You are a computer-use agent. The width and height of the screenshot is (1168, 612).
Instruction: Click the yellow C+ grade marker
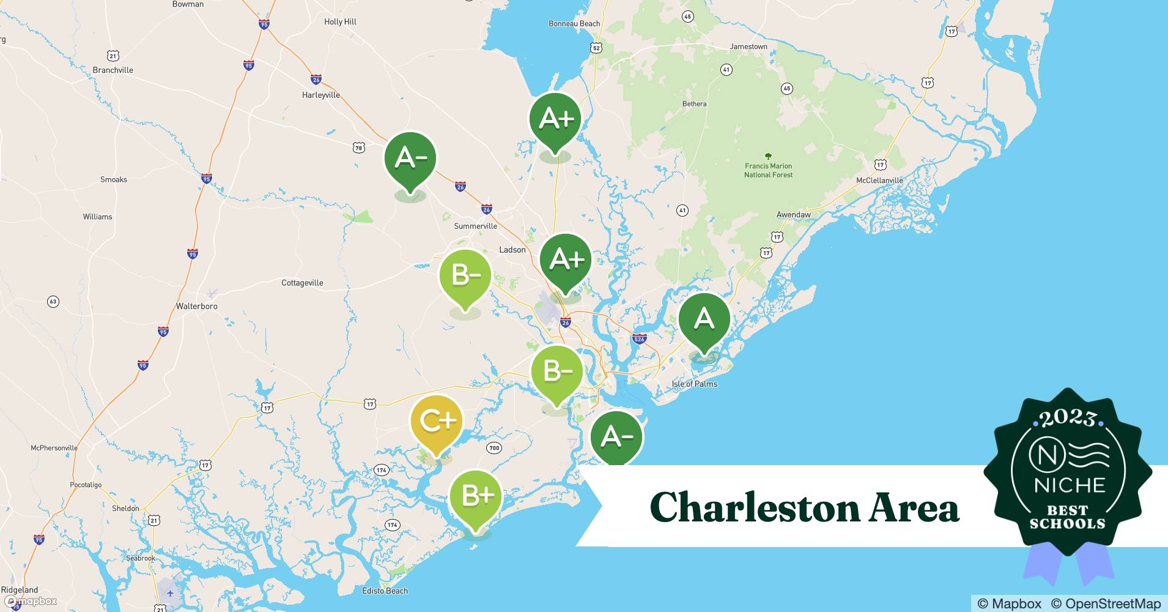point(437,422)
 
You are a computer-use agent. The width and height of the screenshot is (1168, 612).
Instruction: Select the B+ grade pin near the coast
point(476,496)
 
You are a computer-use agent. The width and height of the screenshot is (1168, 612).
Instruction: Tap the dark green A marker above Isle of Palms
point(704,319)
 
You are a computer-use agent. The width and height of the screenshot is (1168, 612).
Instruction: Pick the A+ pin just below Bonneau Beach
point(555,119)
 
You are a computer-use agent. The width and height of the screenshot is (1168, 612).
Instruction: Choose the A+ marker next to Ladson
point(566,260)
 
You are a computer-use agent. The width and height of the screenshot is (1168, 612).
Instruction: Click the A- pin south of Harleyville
point(410,159)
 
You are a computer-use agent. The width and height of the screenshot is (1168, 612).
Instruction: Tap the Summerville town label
point(475,226)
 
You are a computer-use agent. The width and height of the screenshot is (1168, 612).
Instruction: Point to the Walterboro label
point(196,306)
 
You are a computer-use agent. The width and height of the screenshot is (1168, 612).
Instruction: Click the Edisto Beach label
point(385,591)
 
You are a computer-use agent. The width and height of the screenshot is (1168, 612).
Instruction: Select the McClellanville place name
point(879,181)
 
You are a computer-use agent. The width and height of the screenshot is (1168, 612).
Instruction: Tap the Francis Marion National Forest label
point(768,170)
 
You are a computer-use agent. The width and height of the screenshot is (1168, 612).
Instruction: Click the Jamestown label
point(748,47)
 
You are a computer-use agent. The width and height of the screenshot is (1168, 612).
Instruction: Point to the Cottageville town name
point(302,283)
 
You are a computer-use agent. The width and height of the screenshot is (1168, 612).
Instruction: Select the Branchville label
point(113,70)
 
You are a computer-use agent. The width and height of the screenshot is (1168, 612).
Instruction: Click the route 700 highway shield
point(494,448)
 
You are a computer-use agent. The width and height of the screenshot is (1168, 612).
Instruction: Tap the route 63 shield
point(53,301)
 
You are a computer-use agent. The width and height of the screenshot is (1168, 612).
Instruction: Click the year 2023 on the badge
point(1068,419)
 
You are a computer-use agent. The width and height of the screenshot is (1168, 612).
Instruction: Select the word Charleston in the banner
point(753,508)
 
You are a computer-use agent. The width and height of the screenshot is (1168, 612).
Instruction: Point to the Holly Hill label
point(340,21)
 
